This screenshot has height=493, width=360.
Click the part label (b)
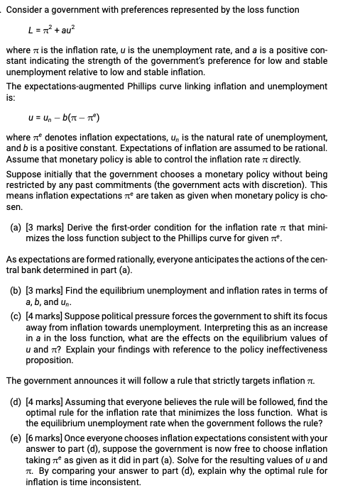pos(16,291)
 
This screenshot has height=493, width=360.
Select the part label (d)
pos(16,401)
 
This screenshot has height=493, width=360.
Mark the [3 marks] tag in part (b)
pos(45,291)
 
